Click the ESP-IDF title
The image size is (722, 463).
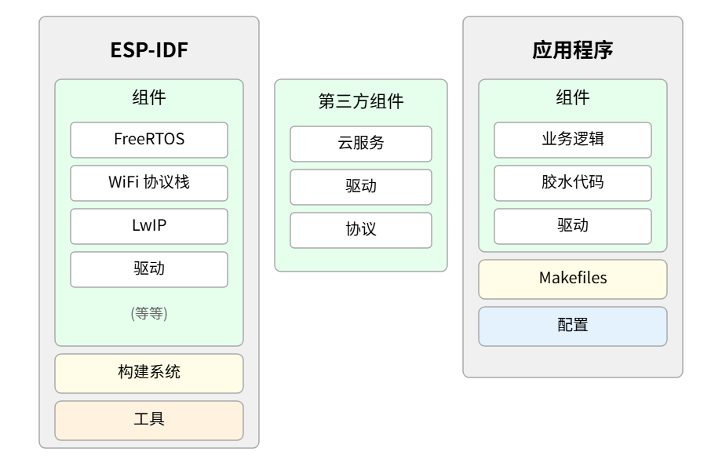149,50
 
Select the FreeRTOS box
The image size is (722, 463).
149,140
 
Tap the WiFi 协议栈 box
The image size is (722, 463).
149,183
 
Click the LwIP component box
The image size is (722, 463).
149,227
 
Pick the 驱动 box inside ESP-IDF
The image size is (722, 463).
149,270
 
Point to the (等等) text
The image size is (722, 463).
149,313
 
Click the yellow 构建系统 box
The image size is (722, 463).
149,374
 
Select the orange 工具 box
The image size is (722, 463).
149,421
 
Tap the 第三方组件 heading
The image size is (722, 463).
361,101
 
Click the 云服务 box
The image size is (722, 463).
361,144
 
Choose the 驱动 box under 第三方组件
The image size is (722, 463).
361,188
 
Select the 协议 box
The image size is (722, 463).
361,230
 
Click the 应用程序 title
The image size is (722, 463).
573,50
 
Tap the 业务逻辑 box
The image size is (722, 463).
573,140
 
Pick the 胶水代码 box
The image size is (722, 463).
573,183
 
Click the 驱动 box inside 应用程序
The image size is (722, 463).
573,227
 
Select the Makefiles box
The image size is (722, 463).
573,279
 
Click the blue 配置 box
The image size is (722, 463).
573,326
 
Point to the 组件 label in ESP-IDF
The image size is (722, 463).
149,97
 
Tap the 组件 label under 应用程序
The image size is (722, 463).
573,97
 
